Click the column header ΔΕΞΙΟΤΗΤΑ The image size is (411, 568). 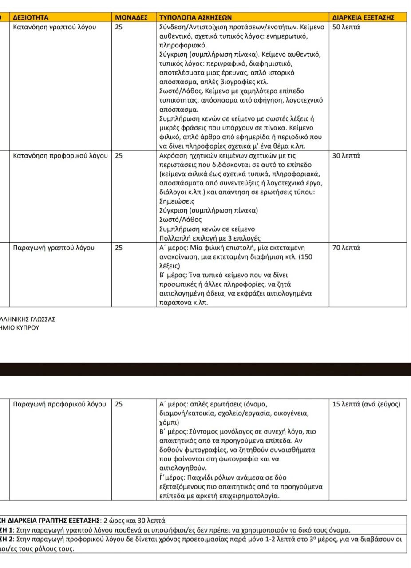point(31,17)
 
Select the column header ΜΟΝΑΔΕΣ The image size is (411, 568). point(131,17)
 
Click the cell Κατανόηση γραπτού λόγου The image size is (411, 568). point(55,27)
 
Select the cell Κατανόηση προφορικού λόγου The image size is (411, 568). point(61,156)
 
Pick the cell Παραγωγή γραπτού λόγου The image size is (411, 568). point(54,248)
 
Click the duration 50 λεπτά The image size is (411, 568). point(346,27)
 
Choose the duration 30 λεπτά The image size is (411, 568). point(346,156)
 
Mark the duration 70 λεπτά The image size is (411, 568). point(346,248)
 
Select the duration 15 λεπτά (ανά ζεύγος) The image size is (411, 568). point(367,404)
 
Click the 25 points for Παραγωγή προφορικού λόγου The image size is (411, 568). point(119,404)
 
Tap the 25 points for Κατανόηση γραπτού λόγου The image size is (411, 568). point(119,27)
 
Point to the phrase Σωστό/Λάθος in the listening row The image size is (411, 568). point(180,220)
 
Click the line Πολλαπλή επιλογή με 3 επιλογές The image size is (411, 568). point(209,238)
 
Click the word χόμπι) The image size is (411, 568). point(169,423)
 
